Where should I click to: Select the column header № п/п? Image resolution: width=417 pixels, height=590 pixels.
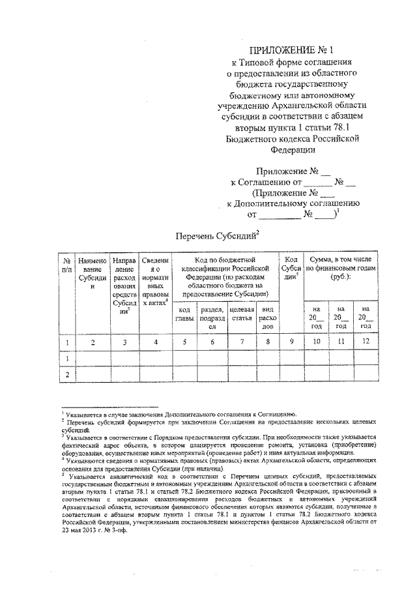(66, 265)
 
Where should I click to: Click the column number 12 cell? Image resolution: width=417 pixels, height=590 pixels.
(366, 340)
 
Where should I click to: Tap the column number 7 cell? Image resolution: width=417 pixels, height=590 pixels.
(242, 340)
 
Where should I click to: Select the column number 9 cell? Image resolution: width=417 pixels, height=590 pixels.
(292, 340)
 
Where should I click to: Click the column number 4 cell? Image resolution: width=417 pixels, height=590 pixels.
(156, 340)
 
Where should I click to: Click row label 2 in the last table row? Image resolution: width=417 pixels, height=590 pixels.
(66, 374)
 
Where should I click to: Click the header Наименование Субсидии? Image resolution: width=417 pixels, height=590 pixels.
(92, 273)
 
